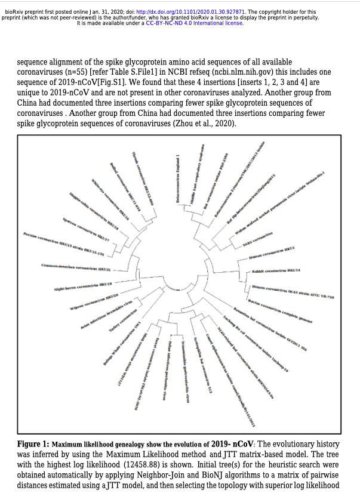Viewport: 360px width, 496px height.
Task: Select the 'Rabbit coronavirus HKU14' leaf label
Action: coord(275,271)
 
